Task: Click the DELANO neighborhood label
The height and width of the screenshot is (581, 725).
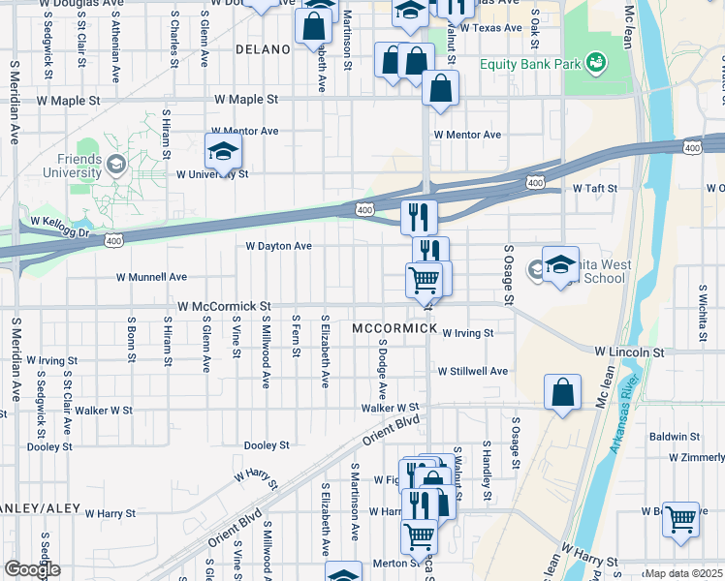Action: tap(263, 48)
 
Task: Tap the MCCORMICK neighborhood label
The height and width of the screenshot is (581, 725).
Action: tap(394, 328)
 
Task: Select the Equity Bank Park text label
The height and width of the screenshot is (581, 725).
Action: tap(529, 65)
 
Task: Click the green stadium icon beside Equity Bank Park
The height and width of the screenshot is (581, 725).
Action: tap(597, 64)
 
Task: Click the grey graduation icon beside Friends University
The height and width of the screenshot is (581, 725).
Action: tap(117, 164)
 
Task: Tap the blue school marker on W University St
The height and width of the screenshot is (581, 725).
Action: tap(223, 153)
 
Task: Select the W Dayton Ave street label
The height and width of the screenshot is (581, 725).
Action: tap(278, 246)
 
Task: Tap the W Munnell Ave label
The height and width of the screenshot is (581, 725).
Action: tap(151, 277)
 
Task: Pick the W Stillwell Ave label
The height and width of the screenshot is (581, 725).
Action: tap(472, 371)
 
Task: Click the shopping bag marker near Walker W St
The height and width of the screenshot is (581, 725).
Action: tap(562, 393)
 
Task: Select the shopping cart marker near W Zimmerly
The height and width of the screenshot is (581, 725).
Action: tap(680, 519)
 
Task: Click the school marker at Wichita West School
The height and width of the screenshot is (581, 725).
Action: tap(560, 265)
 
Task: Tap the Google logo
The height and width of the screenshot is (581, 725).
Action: tap(32, 569)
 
